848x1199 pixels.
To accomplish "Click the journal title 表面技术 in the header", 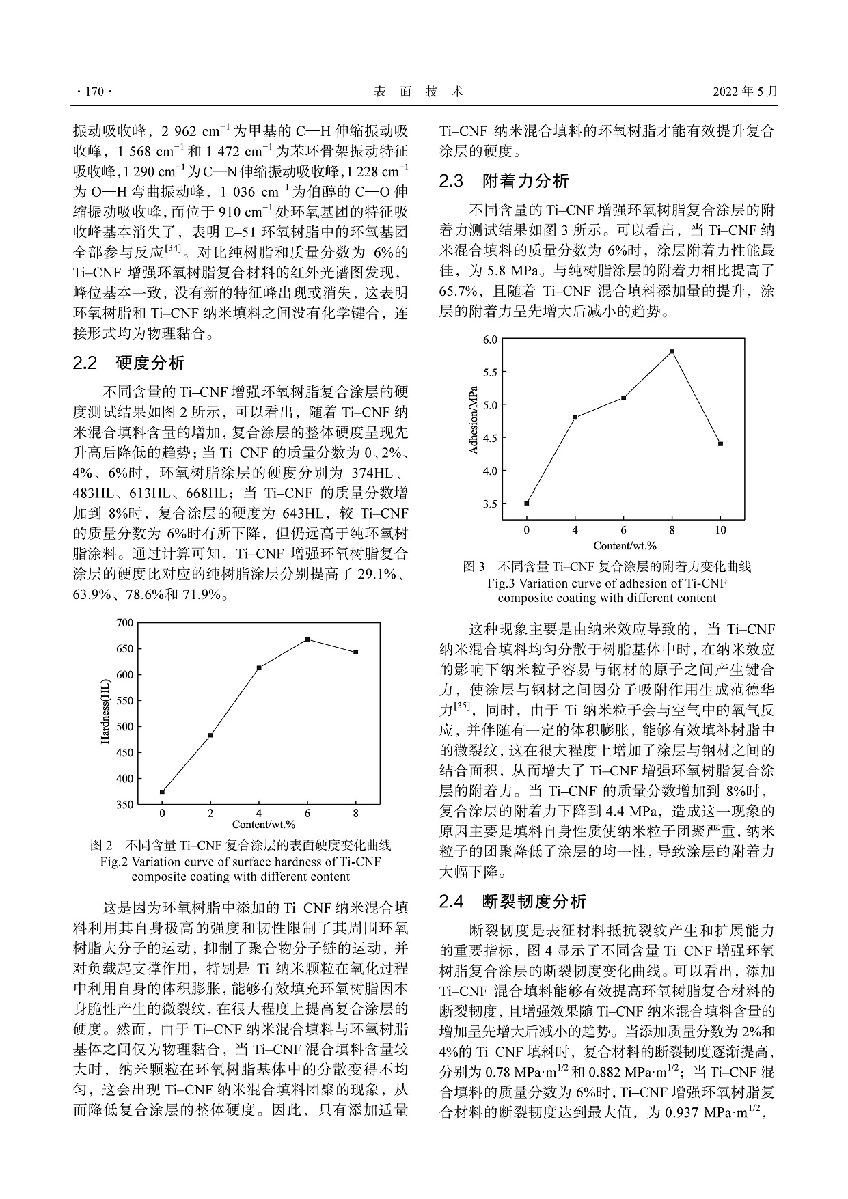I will coord(419,92).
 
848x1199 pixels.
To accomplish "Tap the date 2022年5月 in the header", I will coord(745,92).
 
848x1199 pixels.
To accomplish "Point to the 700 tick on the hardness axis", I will coord(125,622).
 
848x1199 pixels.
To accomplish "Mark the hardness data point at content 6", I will coord(307,639).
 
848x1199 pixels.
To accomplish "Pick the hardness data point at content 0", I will coord(162,792).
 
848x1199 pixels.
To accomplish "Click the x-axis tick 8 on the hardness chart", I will coord(355,813).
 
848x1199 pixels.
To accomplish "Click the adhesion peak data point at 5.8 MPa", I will coord(672,351).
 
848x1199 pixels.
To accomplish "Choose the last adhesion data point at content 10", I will coord(720,444).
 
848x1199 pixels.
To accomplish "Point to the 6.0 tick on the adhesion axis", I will coord(490,340).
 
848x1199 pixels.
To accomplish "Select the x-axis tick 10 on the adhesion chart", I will coord(720,531).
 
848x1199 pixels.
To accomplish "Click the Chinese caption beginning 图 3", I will coord(607,566).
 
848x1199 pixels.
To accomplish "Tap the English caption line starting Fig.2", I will coord(241,862).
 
